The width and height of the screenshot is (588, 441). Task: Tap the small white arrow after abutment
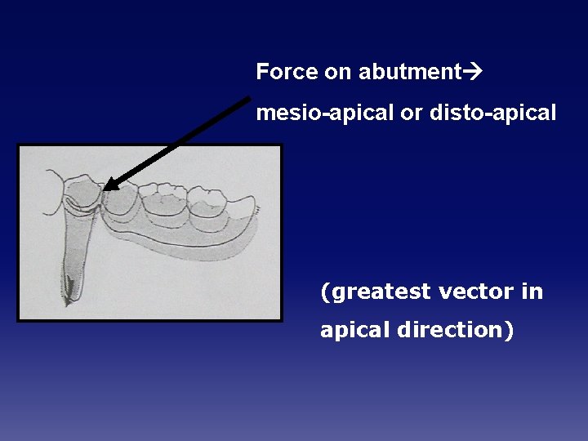(474, 72)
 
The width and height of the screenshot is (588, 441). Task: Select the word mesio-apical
(324, 114)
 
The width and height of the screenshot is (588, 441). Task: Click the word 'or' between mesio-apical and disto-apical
(411, 114)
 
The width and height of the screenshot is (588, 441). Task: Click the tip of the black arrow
(106, 189)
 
